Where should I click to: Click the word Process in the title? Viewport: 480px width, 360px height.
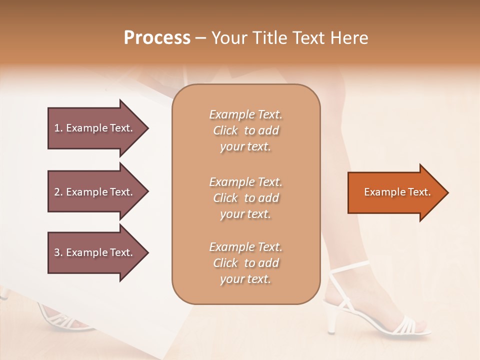(157, 38)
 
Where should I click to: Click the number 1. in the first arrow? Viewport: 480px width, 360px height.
(58, 128)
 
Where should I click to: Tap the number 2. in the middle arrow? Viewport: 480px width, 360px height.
(58, 192)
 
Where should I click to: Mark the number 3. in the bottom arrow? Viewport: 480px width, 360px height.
(58, 252)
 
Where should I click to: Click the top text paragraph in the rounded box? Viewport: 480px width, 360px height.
(245, 130)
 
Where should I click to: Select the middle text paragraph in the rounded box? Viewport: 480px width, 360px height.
(245, 198)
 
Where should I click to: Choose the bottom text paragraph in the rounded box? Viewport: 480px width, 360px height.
(245, 263)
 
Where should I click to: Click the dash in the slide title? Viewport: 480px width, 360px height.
(200, 38)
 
